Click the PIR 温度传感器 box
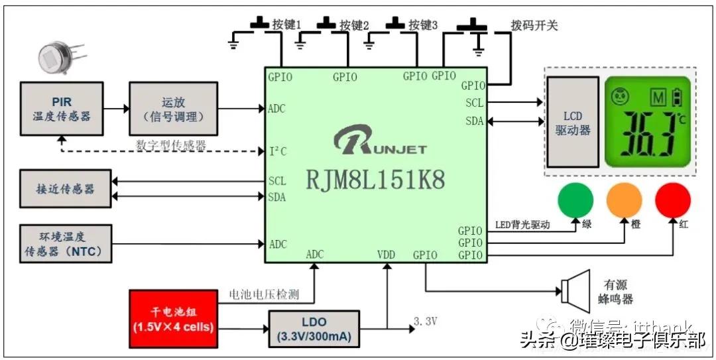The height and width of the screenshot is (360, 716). click(x=62, y=108)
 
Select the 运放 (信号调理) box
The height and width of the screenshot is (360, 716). click(x=173, y=108)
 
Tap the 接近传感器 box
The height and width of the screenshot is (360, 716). click(x=65, y=188)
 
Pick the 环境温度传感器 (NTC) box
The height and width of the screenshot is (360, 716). click(x=65, y=243)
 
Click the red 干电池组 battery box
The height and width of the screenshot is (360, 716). click(x=173, y=320)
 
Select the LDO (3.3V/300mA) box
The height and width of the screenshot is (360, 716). click(x=313, y=328)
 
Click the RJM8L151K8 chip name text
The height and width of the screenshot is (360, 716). click(x=375, y=179)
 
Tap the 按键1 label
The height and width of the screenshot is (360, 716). click(x=287, y=25)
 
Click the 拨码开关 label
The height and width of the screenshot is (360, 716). click(x=534, y=25)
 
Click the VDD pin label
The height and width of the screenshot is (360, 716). click(x=387, y=255)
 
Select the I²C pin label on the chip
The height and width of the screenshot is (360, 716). click(x=278, y=151)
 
